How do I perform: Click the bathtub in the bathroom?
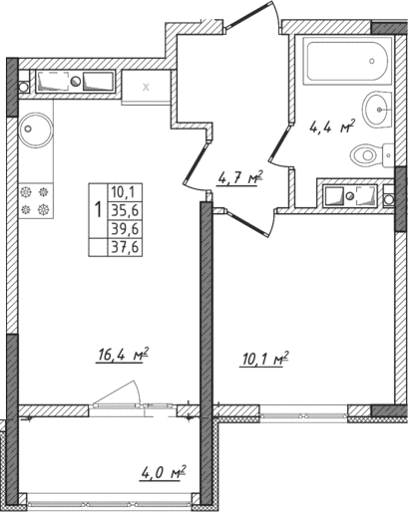point(344,66)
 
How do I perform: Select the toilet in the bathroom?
point(370,153)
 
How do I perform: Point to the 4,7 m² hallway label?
point(239,179)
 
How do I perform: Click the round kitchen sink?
point(38,128)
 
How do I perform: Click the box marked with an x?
point(147,87)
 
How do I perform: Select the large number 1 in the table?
point(96,210)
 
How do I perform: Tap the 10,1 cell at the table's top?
point(125,191)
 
